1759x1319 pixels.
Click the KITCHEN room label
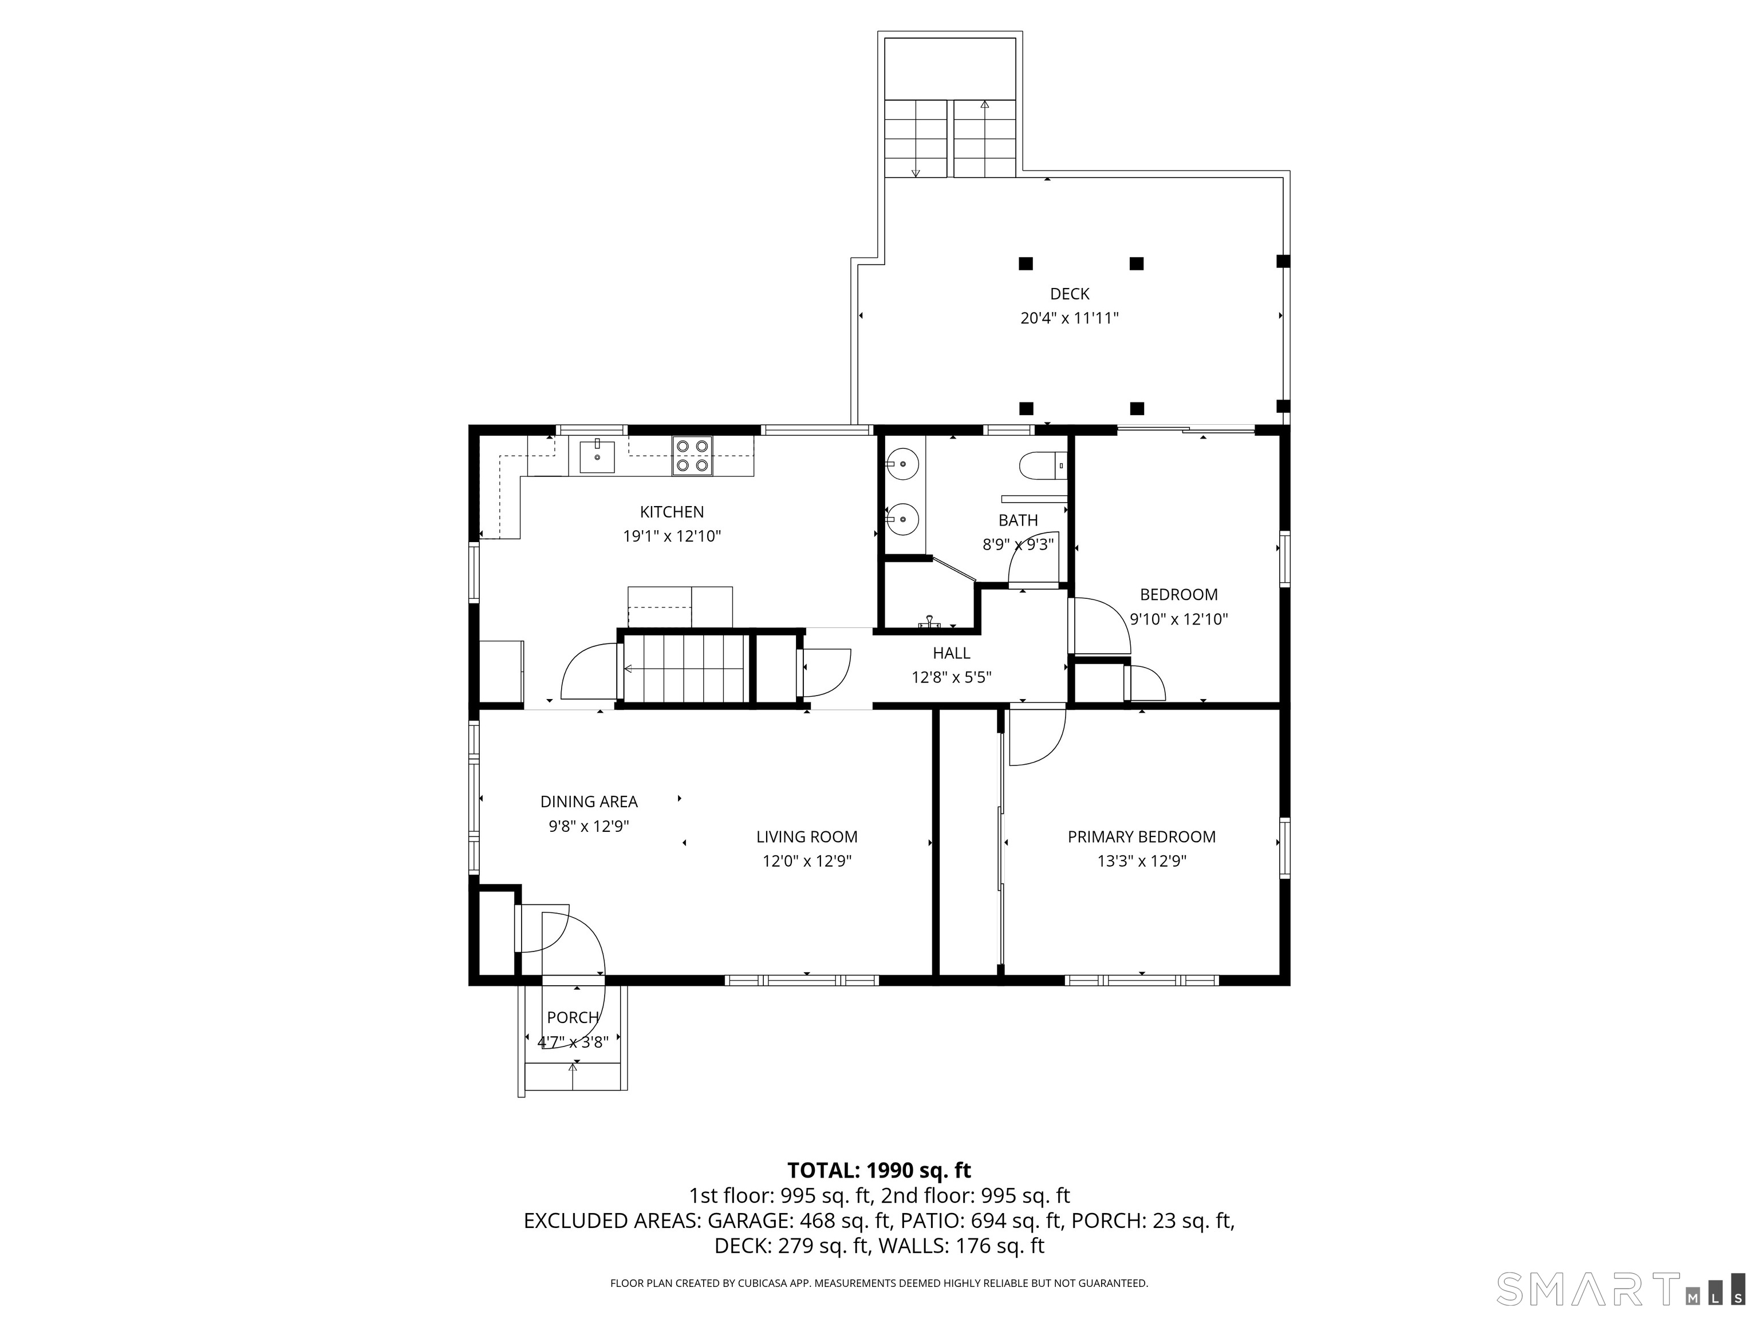(672, 512)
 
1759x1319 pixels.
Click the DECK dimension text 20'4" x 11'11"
(1070, 319)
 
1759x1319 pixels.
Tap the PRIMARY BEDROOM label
(1141, 836)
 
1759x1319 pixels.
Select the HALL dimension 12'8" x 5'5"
(951, 677)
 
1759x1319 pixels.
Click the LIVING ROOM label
(806, 836)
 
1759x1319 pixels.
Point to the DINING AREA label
(589, 801)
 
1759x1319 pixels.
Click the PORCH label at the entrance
(573, 1018)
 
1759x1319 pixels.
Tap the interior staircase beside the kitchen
(684, 668)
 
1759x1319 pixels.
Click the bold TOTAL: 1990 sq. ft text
(879, 1170)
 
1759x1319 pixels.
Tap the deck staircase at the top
(951, 139)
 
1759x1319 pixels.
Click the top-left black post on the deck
(1026, 263)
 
